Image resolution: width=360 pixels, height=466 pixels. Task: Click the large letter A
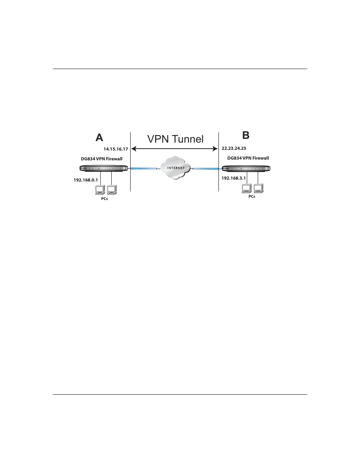tap(99, 138)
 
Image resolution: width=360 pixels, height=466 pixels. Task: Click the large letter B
tap(246, 135)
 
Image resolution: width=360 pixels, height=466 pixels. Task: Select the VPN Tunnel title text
tap(175, 139)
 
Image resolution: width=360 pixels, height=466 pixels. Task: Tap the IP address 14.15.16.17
tap(116, 149)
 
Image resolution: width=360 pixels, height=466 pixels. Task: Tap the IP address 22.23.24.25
tap(234, 148)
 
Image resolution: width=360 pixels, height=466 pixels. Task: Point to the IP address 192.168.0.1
tap(86, 180)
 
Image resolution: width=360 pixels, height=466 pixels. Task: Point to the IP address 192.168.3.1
tap(234, 178)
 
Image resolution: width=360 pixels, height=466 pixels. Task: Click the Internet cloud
tap(175, 168)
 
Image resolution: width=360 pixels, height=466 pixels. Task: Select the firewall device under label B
tap(247, 169)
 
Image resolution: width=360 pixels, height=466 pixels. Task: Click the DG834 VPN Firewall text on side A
tap(104, 159)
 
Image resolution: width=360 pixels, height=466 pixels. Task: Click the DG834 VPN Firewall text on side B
tap(248, 158)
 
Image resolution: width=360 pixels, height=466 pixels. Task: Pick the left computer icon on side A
tap(100, 189)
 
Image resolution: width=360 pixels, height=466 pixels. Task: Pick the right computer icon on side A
tap(112, 189)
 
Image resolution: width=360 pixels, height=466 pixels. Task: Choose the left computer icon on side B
tap(246, 188)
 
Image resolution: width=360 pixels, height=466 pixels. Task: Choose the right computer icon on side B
tap(258, 188)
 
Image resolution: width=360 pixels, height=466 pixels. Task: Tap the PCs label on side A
tap(105, 199)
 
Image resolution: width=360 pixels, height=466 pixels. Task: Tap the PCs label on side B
tap(252, 196)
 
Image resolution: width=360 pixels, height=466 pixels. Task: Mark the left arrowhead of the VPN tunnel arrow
tap(133, 149)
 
